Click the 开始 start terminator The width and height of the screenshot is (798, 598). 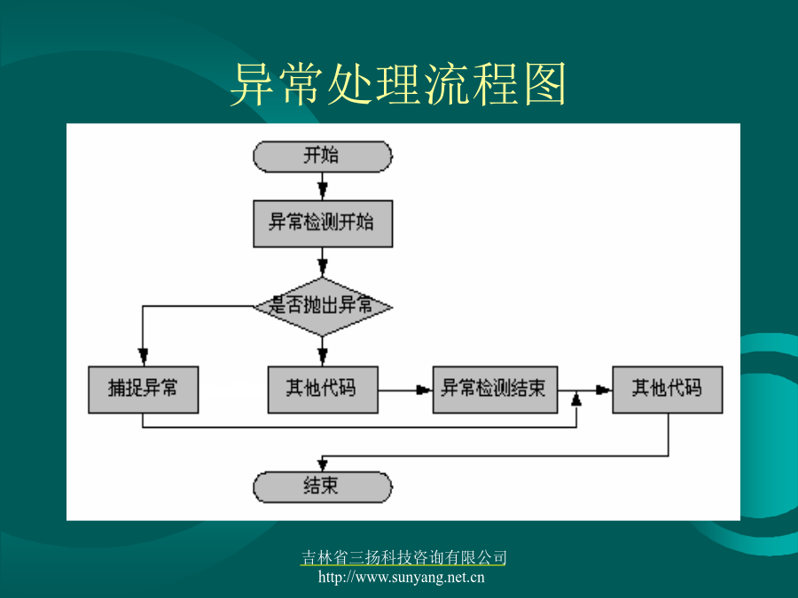tap(323, 157)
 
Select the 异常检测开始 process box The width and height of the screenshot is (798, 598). tap(323, 224)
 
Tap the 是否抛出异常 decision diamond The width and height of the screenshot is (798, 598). tap(323, 307)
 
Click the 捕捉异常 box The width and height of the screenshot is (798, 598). tap(143, 390)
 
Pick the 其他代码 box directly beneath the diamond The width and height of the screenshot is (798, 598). tap(323, 390)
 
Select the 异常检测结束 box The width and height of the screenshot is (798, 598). tap(495, 390)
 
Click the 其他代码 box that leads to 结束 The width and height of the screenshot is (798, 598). tap(667, 390)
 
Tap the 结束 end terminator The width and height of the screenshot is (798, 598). tap(323, 487)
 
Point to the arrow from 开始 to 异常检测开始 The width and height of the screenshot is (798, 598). tap(322, 186)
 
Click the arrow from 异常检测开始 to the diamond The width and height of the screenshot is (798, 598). tap(322, 262)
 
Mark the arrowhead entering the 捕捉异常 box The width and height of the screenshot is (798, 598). tap(143, 356)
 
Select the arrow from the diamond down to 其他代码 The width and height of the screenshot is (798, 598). tap(322, 351)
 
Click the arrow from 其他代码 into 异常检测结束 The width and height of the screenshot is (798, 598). tap(405, 390)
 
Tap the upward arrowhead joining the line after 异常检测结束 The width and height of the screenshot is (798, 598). tap(576, 399)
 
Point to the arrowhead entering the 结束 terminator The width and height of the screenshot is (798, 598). tap(322, 464)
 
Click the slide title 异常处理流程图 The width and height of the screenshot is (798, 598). tap(398, 84)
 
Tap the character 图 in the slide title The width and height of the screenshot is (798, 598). tap(544, 84)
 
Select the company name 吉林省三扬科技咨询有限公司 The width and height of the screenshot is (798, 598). tap(403, 558)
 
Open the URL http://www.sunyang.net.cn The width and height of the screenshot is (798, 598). tap(402, 578)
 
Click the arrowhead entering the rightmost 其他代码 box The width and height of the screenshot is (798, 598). tap(604, 390)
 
